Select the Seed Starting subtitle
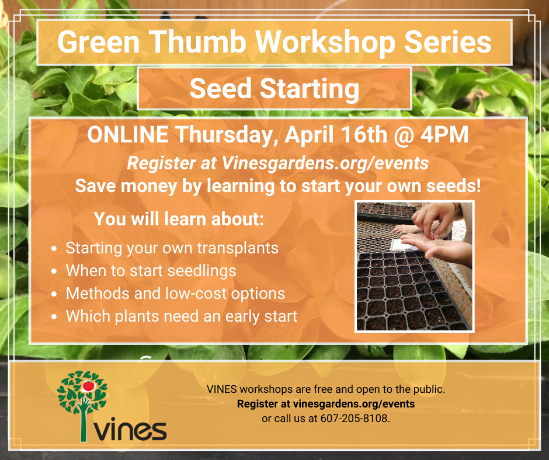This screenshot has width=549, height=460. click(274, 89)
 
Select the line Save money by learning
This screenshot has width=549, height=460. click(278, 186)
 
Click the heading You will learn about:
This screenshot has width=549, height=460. click(179, 219)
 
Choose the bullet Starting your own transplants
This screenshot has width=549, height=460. click(172, 248)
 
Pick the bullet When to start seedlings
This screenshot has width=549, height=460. click(151, 271)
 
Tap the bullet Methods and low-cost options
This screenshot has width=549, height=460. click(175, 294)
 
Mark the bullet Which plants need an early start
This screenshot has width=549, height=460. click(181, 316)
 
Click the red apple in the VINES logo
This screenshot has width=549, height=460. click(89, 385)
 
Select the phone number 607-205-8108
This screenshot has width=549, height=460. click(355, 419)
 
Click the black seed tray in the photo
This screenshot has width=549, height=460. click(409, 292)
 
